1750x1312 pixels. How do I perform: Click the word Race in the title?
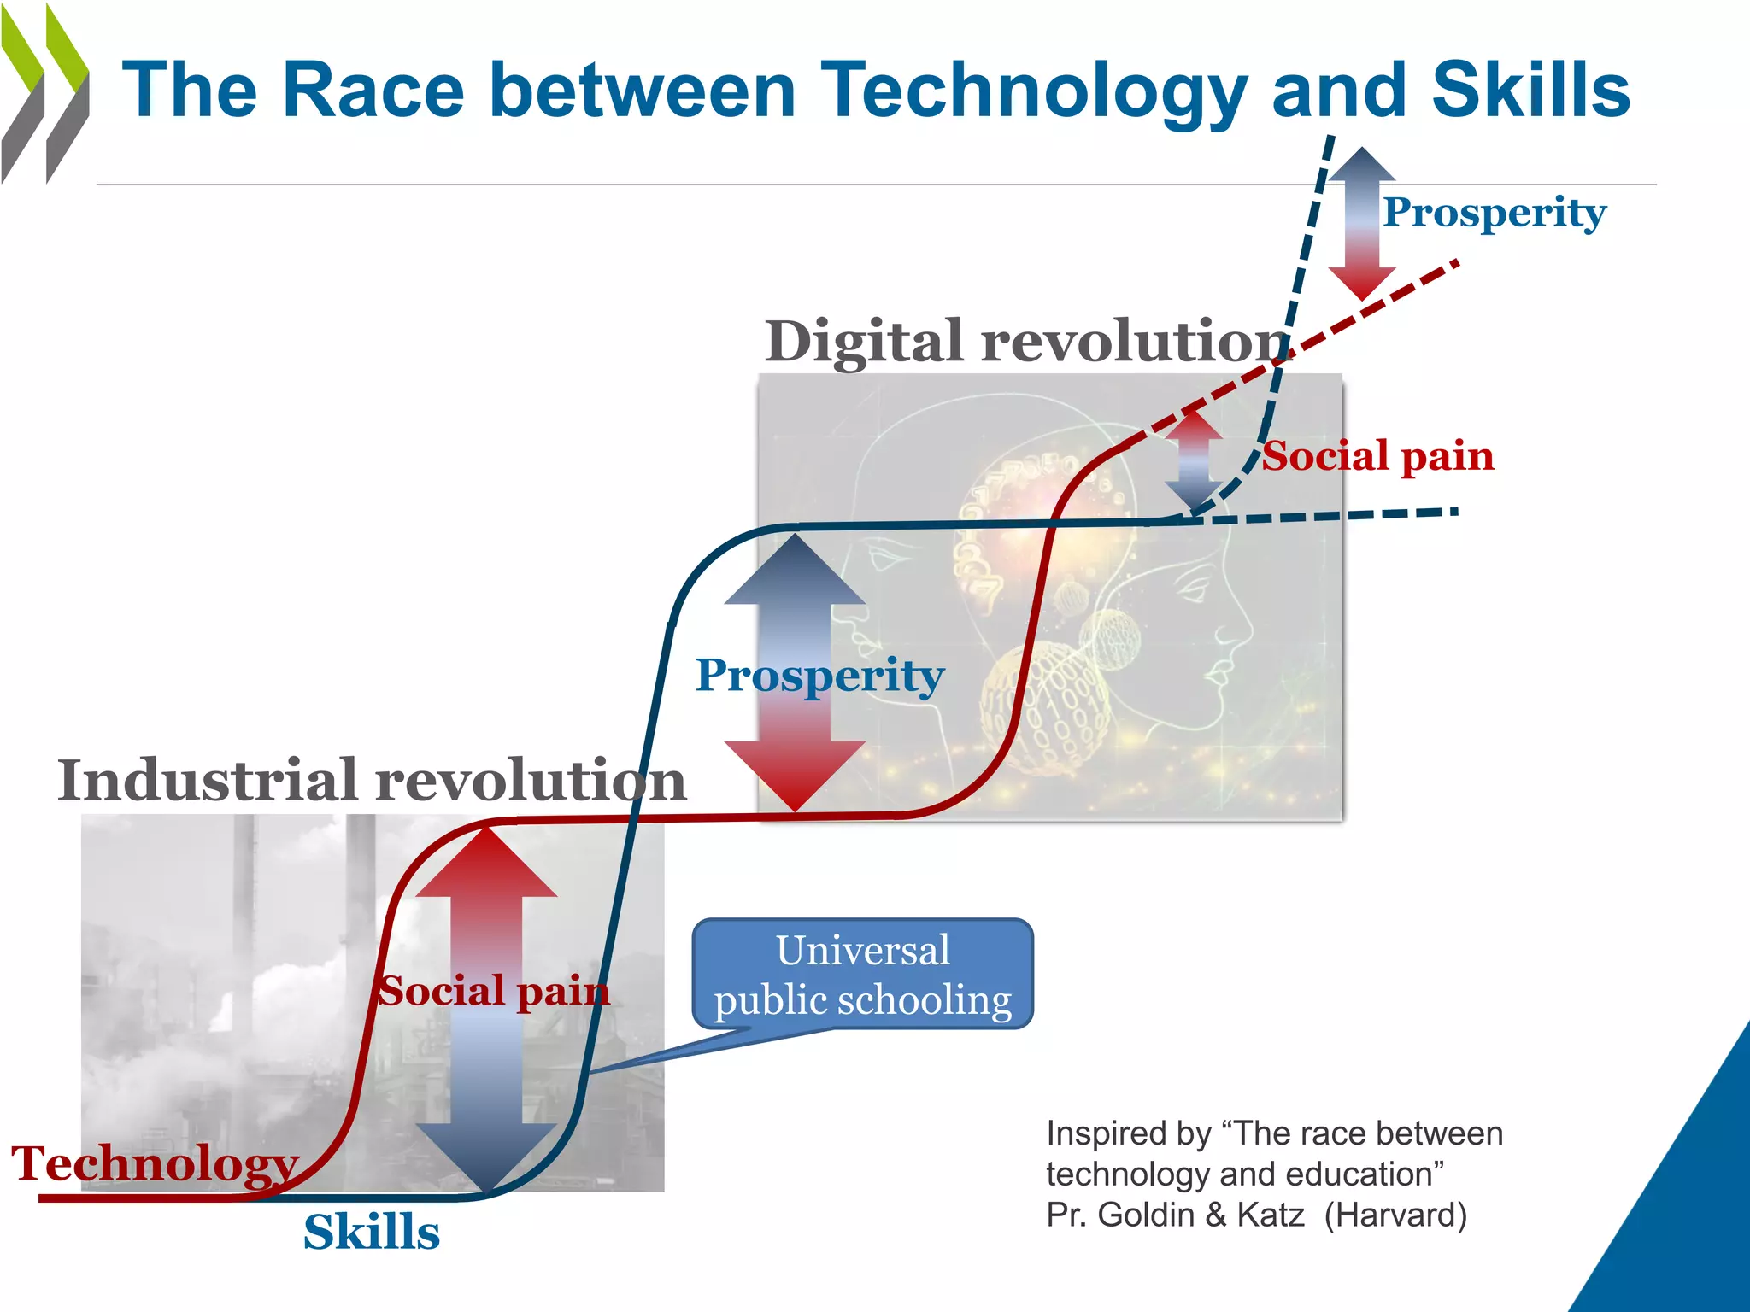coord(373,91)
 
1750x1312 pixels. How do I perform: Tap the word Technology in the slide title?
coord(1033,92)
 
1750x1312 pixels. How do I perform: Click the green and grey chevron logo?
coord(44,94)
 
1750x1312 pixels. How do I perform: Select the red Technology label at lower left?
coord(155,1163)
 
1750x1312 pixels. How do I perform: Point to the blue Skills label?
coord(372,1232)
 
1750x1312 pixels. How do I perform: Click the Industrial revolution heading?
coord(372,780)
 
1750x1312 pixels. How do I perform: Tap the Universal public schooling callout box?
coord(863,975)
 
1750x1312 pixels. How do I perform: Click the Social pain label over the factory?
coord(494,991)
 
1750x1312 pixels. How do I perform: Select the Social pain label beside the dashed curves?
coord(1378,456)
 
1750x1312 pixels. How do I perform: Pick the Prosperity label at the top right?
coord(1495,212)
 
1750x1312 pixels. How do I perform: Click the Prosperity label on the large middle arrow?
coord(819,675)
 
